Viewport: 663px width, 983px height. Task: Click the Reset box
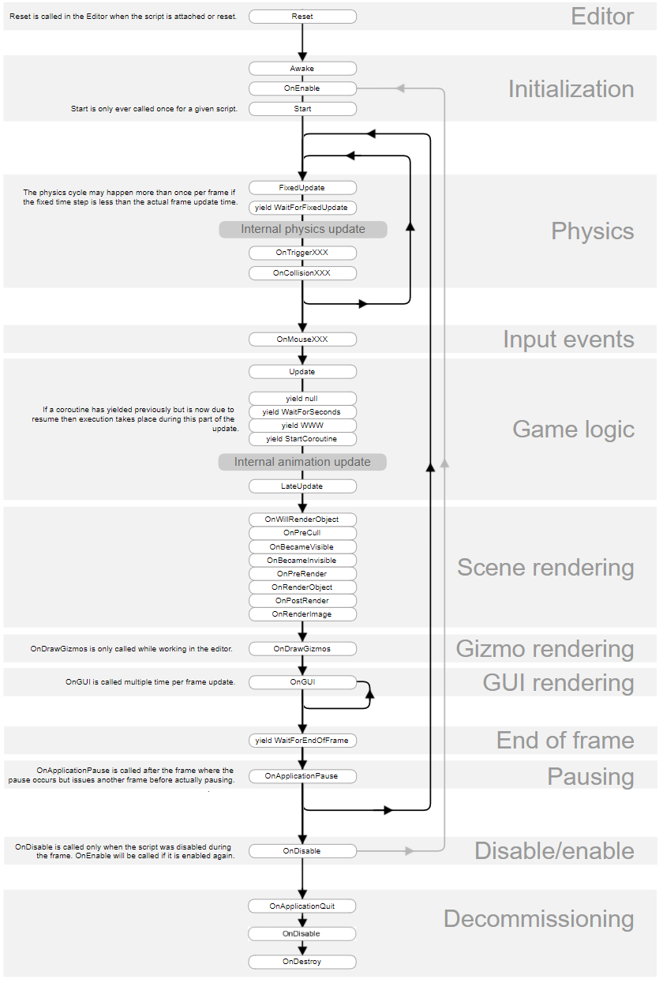coord(302,17)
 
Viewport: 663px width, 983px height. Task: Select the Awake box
coord(302,69)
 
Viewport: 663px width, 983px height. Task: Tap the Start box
coord(302,109)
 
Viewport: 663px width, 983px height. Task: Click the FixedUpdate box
coord(302,188)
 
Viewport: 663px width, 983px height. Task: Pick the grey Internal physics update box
coord(302,230)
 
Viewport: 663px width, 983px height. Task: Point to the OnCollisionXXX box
coord(302,273)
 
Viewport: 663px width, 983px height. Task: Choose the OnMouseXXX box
coord(302,339)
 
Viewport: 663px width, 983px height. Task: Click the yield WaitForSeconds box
coord(302,412)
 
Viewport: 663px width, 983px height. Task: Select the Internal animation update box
coord(302,462)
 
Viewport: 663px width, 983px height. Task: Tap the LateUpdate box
coord(302,486)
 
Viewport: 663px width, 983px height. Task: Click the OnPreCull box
coord(302,533)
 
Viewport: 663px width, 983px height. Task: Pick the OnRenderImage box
coord(302,614)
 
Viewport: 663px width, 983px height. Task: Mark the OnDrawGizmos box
coord(302,649)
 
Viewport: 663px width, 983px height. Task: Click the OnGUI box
coord(302,681)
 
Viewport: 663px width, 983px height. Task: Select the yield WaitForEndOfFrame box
coord(302,741)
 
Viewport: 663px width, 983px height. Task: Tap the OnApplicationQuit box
coord(302,906)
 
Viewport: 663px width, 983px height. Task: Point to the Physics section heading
coord(592,231)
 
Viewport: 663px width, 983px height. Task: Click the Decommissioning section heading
coord(538,919)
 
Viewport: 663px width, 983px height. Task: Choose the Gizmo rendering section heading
coord(545,649)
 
